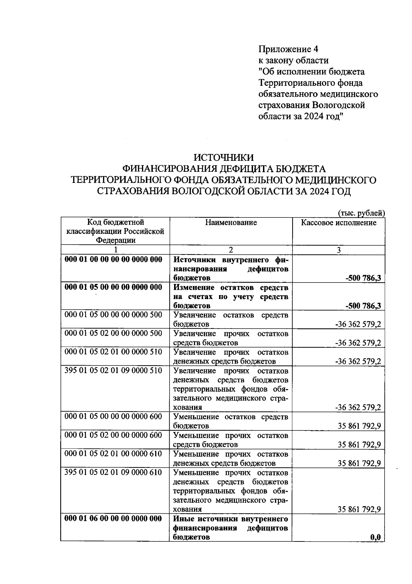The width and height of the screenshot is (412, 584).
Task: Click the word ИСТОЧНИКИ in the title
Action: (x=224, y=158)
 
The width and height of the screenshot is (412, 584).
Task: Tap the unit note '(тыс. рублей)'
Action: (x=361, y=213)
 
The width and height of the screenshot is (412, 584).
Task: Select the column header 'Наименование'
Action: (x=231, y=223)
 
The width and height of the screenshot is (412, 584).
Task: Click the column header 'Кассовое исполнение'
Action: (x=339, y=223)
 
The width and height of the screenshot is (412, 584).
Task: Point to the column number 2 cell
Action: (x=231, y=250)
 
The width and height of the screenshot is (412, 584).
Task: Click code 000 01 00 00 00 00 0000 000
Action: (x=113, y=260)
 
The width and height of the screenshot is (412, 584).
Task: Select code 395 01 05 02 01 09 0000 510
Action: (x=113, y=371)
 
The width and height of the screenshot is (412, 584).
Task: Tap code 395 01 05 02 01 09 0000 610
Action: (x=113, y=473)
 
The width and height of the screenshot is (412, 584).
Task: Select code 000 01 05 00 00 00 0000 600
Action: (x=113, y=417)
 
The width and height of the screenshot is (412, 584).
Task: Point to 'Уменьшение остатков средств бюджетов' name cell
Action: (x=231, y=421)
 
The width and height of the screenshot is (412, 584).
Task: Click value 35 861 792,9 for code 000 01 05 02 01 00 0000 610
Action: (x=359, y=464)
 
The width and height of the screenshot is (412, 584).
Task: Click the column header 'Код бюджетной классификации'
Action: (x=115, y=231)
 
